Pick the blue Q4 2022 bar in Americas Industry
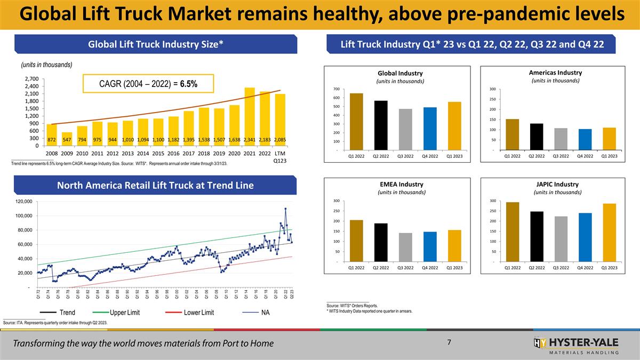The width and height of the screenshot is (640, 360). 585,139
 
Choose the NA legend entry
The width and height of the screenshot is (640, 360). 265,313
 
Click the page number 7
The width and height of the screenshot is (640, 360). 450,342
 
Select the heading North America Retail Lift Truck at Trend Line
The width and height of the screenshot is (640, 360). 156,186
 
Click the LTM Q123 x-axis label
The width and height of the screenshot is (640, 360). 280,156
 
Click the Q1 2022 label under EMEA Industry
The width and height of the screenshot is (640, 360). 357,268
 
